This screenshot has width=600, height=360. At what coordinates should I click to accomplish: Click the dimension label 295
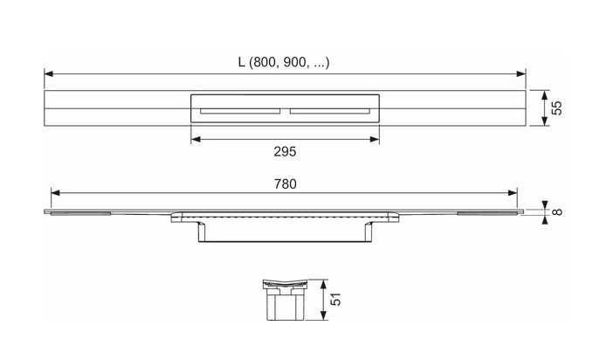pyautogui.click(x=285, y=152)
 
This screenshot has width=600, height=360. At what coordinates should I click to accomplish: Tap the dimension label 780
pyautogui.click(x=285, y=184)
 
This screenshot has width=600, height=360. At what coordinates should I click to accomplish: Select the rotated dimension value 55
pyautogui.click(x=556, y=108)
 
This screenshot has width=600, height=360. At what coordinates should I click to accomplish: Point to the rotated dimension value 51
pyautogui.click(x=335, y=299)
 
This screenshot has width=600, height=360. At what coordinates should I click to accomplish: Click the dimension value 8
pyautogui.click(x=557, y=211)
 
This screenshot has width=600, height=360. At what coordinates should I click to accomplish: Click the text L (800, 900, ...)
pyautogui.click(x=284, y=62)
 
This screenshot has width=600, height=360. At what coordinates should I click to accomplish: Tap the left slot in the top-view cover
pyautogui.click(x=240, y=112)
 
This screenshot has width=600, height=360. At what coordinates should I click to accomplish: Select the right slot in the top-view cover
pyautogui.click(x=330, y=112)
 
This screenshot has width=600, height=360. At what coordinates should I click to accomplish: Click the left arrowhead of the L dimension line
pyautogui.click(x=49, y=73)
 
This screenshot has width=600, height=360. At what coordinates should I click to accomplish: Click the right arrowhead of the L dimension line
pyautogui.click(x=521, y=73)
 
